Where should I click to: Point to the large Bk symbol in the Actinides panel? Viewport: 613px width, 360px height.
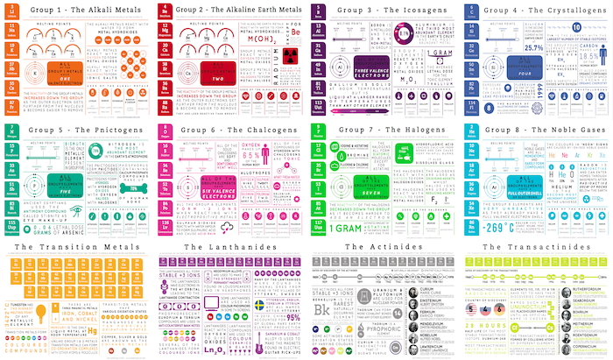click(321, 309)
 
